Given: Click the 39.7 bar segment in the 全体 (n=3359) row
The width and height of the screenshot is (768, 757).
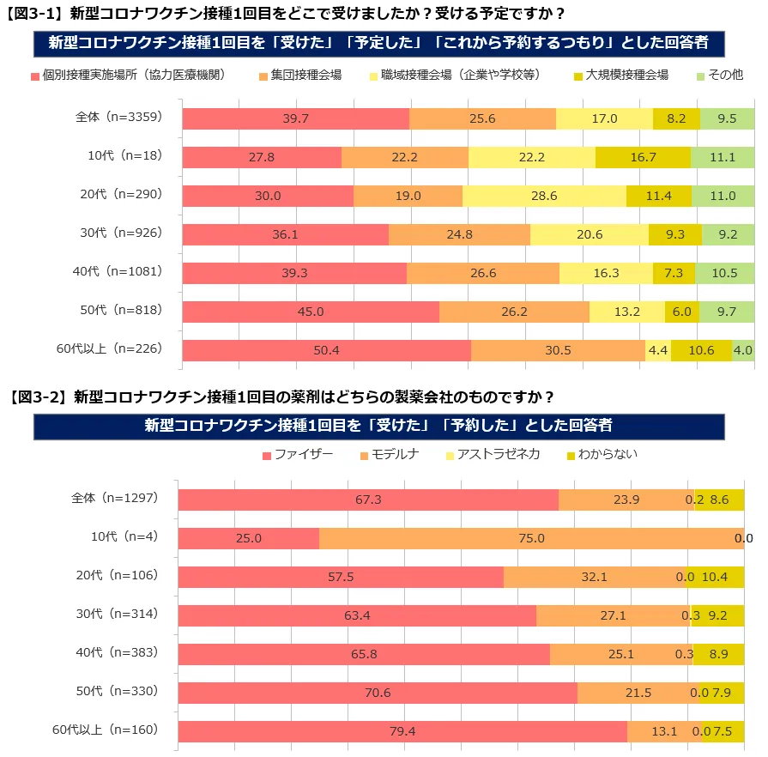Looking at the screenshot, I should (295, 118).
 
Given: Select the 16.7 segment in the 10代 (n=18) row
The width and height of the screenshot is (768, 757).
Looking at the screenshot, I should (643, 157).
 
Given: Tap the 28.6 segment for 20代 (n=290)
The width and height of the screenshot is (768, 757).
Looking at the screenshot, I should (544, 196).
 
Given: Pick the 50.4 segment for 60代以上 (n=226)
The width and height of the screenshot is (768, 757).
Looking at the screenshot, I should (326, 350).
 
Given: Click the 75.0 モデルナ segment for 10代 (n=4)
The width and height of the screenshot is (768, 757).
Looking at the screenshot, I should (531, 538).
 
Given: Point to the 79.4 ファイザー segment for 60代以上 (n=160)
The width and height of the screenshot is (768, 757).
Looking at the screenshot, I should (402, 731).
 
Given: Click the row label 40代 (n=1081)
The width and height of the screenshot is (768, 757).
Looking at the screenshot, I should (117, 272).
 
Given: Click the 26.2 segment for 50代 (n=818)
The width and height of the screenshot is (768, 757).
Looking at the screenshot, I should (514, 312).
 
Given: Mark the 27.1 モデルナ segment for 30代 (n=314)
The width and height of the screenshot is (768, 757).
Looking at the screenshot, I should (613, 615).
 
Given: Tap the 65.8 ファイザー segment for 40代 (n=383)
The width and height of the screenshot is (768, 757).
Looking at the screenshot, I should (364, 654).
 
